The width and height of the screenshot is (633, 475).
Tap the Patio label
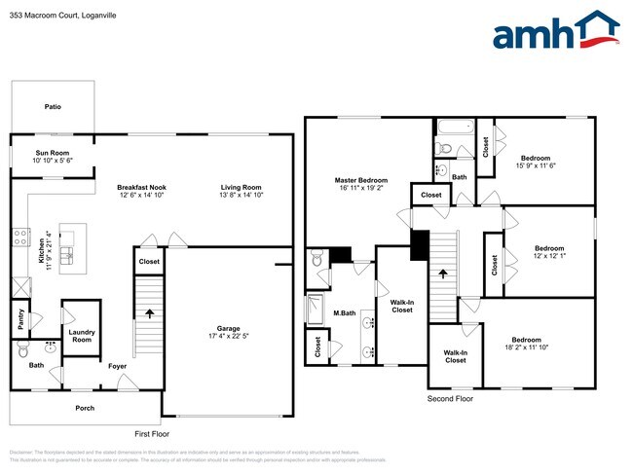coord(52,106)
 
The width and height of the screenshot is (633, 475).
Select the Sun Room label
coord(53,153)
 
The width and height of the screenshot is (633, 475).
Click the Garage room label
coord(229,329)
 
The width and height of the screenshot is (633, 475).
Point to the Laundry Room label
coord(81,336)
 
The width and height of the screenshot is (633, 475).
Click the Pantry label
coord(20,319)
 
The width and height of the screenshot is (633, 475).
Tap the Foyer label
coord(117,367)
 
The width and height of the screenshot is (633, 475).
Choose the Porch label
coord(85,408)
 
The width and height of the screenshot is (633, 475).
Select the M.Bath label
coord(343,312)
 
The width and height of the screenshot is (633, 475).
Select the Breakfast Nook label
coord(142,187)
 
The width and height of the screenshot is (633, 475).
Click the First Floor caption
coord(151,432)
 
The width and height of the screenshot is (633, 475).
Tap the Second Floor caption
coord(450,399)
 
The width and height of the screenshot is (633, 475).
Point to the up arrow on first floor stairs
coord(150,313)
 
